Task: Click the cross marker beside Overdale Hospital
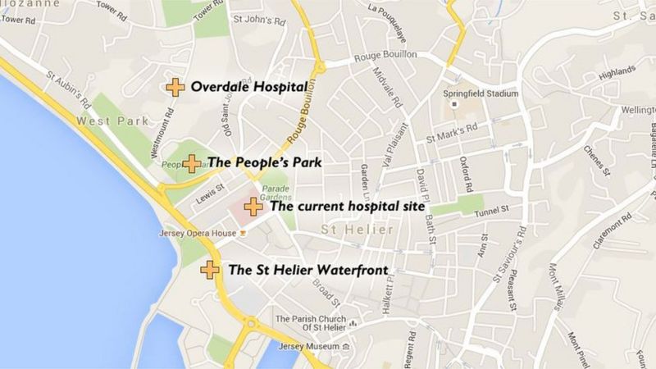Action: pos(175,87)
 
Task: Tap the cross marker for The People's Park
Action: pos(190,163)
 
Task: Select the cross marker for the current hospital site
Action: pos(254,207)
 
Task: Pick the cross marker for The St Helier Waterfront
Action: pos(210,269)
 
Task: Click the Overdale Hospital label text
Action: pos(249,87)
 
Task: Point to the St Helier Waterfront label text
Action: pos(307,269)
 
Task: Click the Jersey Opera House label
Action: pos(196,233)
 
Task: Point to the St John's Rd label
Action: pos(258,18)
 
